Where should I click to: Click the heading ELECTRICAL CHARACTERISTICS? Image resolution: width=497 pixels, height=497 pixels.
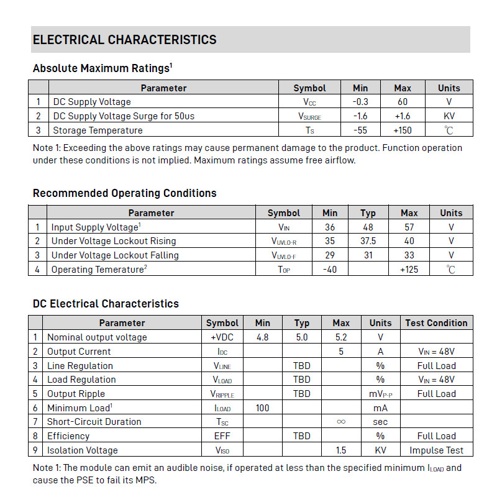pos(124,40)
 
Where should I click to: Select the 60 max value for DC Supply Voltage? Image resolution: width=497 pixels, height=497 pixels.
pos(403,102)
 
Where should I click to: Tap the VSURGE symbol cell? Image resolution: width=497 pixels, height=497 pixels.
pos(309,116)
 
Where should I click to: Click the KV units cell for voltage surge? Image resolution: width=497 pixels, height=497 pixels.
pos(449,116)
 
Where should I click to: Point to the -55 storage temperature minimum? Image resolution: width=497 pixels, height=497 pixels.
pos(360,130)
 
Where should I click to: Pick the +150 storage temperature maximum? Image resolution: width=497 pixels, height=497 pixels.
pos(403,130)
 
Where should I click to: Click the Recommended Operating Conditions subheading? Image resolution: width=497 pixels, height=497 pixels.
pos(124,193)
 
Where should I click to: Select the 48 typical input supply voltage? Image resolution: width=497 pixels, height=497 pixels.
pos(368,227)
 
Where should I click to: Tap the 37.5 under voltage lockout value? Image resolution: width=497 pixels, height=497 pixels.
pos(368,241)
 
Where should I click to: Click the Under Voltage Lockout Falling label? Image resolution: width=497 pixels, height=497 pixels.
pos(115,255)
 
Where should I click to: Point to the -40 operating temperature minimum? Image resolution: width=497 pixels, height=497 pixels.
pos(330,270)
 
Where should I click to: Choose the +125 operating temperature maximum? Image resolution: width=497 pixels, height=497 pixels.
pos(409,270)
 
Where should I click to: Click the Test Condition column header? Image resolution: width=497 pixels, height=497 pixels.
pos(436,323)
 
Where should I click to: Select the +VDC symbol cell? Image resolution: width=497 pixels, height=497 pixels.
pos(222,337)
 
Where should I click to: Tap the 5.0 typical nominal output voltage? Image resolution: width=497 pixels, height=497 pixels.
pos(301,337)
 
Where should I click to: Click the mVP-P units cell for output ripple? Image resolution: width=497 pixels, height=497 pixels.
pos(380,394)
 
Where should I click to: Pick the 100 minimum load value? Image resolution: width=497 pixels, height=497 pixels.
pos(262,408)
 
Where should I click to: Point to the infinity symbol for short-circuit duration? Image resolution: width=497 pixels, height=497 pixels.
pos(340,421)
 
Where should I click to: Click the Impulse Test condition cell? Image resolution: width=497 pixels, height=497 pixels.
pos(436,450)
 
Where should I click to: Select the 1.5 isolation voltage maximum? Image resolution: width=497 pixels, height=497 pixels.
pos(340,450)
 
